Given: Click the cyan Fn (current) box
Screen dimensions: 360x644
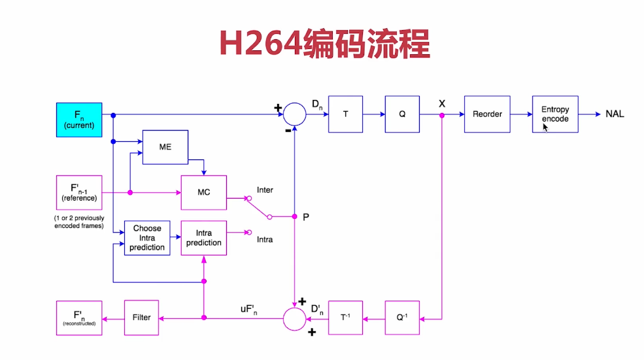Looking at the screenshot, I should point(79,120).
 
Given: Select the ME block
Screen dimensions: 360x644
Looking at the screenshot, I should point(165,147).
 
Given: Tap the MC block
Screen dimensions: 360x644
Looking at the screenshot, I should point(203,193).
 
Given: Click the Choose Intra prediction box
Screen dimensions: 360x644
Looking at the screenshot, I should point(147,238).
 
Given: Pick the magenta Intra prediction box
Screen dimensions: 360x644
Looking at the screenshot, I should point(203,238).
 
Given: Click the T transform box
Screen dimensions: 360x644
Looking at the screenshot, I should point(345,114).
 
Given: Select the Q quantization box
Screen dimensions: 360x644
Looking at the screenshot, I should point(402,114).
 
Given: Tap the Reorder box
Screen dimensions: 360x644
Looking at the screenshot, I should point(487,114).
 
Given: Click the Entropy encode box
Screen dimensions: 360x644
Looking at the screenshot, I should point(555,114).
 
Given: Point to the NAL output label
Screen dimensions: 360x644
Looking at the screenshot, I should point(615,114).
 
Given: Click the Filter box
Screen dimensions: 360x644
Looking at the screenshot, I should point(141,318).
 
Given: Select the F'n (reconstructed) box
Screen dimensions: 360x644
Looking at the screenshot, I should point(79,318).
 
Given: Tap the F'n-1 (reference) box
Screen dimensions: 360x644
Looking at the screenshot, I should point(79,192).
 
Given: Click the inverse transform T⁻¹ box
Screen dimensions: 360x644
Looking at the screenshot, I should point(345,318).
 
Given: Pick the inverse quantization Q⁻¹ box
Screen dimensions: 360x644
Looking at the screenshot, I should point(402,318).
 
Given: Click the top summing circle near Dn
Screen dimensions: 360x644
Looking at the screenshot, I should point(295,114).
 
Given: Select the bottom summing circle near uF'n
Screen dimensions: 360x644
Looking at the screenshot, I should point(295,318).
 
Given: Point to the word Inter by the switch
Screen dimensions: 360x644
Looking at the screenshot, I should point(265,190).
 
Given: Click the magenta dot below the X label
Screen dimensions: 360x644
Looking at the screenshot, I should point(442,115).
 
